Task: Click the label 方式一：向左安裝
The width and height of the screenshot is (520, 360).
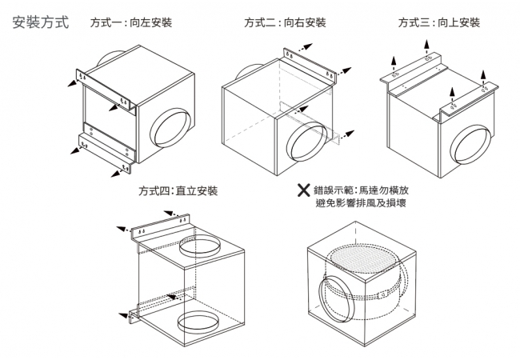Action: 131,22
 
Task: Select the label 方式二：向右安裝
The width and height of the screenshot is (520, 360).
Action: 285,22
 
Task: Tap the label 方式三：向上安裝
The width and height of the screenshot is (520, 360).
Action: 439,22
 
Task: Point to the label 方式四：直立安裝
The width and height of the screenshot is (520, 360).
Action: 177,191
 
